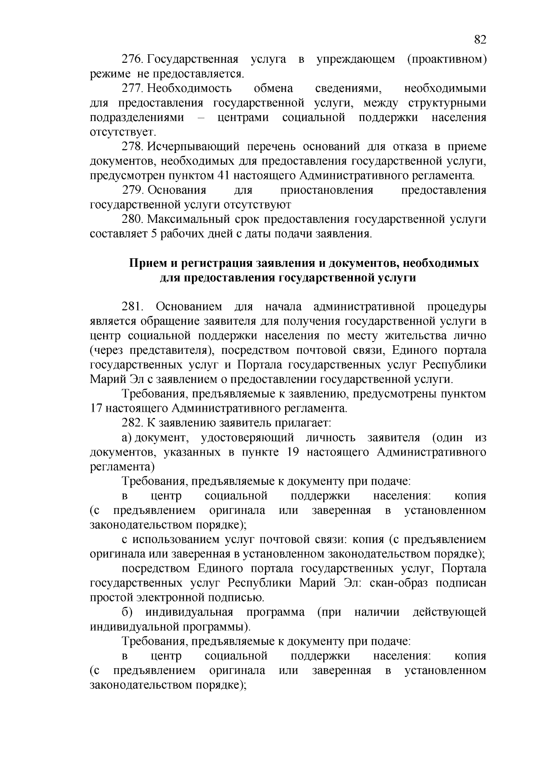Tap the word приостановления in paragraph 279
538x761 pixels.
coord(326,190)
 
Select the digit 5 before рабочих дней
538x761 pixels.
coord(150,234)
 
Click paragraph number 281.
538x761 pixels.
coord(133,307)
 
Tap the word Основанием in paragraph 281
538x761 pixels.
coord(189,307)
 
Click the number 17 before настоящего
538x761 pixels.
coord(97,409)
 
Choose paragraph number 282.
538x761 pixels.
coord(133,423)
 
